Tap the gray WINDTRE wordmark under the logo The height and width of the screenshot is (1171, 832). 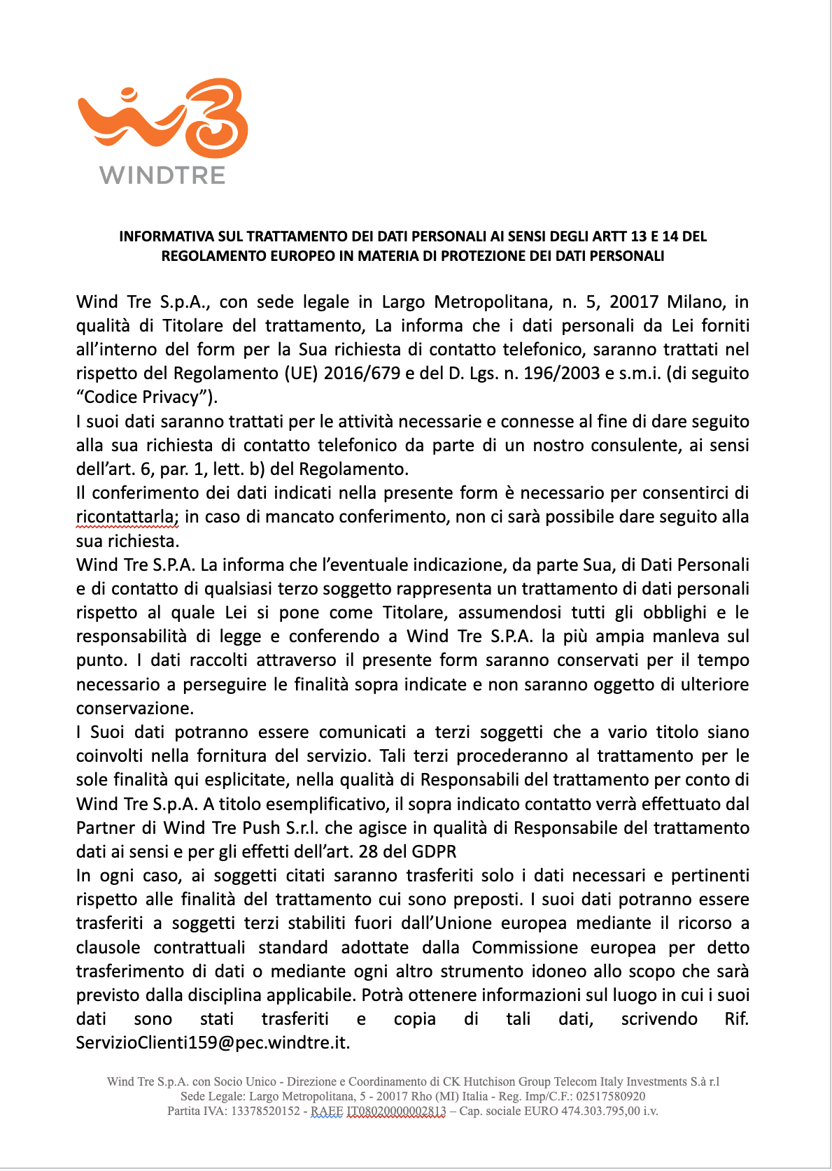pyautogui.click(x=162, y=175)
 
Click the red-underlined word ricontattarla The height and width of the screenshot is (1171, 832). pyautogui.click(x=127, y=517)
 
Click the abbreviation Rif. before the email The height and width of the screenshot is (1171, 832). pyautogui.click(x=736, y=1019)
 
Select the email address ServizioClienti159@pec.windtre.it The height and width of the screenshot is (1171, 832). pyautogui.click(x=213, y=1042)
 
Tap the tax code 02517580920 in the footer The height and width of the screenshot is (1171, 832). pyautogui.click(x=612, y=1096)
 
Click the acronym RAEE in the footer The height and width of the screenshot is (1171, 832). pyautogui.click(x=327, y=1111)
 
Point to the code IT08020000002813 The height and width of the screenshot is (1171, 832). pyautogui.click(x=396, y=1111)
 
